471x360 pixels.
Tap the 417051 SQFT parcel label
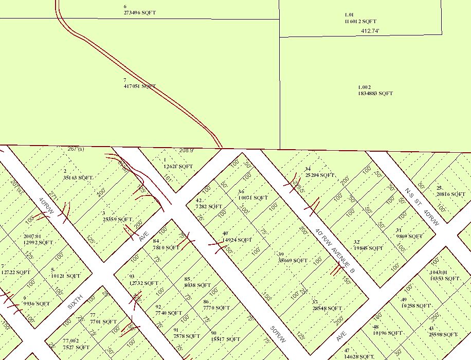tap(139, 86)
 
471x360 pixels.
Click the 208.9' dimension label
tap(186, 151)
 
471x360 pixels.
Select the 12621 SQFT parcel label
tap(178, 166)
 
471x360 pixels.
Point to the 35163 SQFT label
tap(79, 177)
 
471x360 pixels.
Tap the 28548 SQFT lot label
tap(327, 308)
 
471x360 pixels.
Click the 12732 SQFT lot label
tap(144, 282)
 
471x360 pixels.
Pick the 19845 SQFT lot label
tap(369, 247)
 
